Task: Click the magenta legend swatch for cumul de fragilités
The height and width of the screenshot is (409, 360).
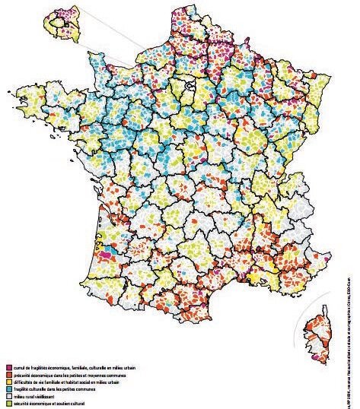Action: (x=8, y=368)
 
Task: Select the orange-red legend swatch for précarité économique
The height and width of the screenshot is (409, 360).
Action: (x=8, y=375)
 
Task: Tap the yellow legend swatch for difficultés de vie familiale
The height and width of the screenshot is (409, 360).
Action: (x=8, y=382)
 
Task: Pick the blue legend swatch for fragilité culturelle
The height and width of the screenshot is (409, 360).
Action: (x=8, y=388)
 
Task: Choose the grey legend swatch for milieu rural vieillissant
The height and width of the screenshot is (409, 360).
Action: (x=8, y=395)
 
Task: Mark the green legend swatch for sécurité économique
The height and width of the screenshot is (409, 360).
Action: (x=8, y=402)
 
